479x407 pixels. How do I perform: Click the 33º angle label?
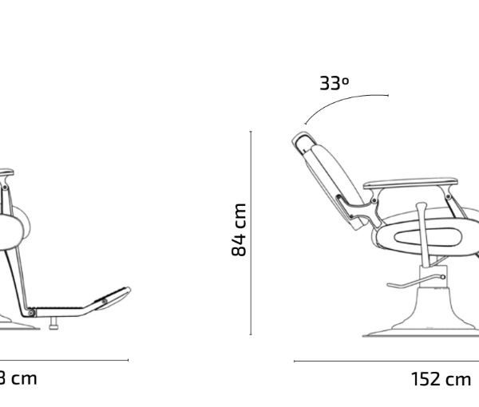point(334,82)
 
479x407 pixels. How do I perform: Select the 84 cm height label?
point(239,230)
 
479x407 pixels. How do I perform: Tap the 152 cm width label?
point(441,379)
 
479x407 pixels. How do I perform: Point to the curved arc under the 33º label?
point(343,101)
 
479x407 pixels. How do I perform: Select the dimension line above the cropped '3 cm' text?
point(64,360)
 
